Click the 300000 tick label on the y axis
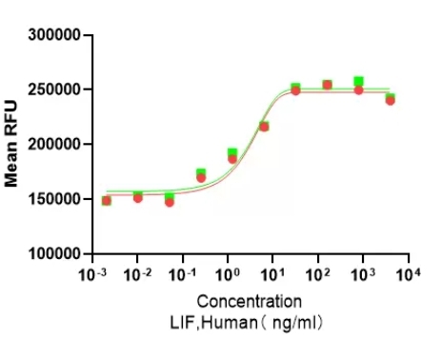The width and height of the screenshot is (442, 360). (56, 35)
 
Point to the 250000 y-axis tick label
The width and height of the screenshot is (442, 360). (56, 90)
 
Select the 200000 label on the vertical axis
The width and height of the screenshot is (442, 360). (56, 145)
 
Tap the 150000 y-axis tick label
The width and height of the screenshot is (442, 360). (56, 200)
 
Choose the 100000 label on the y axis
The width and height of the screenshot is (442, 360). (56, 254)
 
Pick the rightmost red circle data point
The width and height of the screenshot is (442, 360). (391, 100)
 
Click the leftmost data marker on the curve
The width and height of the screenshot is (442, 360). (106, 200)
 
